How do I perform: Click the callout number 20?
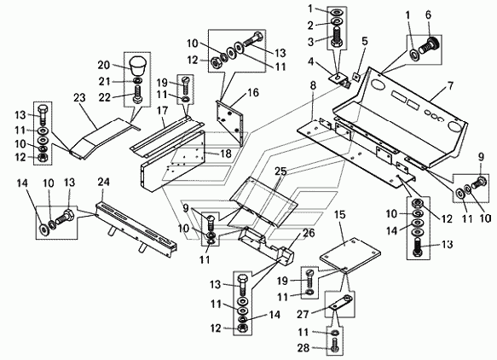pos(104,66)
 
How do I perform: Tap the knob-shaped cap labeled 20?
pos(136,67)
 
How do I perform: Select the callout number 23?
pos(79,97)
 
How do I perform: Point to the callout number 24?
pos(104,182)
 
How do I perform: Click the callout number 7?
pos(450,85)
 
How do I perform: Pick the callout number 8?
pos(313,86)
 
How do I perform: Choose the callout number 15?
pos(339,215)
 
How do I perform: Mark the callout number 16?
pos(253,93)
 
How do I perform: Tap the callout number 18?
pos(226,154)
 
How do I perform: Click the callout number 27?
pos(303,314)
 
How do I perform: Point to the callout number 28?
pos(303,348)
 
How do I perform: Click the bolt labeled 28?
pos(335,345)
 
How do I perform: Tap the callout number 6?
pos(428,15)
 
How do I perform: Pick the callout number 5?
pos(365,42)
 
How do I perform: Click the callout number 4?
pos(310,61)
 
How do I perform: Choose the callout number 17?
pos(162,111)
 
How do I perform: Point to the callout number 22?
pos(104,97)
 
